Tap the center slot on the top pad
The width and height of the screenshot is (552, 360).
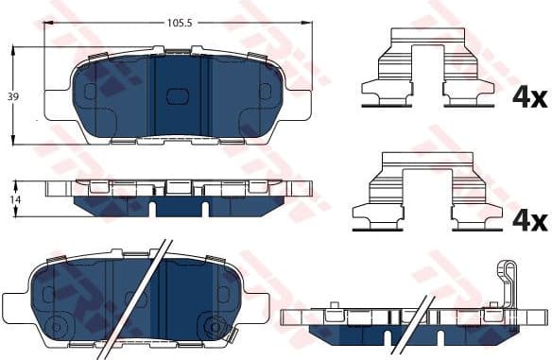click(x=177, y=95)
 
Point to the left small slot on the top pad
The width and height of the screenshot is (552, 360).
click(x=91, y=92)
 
